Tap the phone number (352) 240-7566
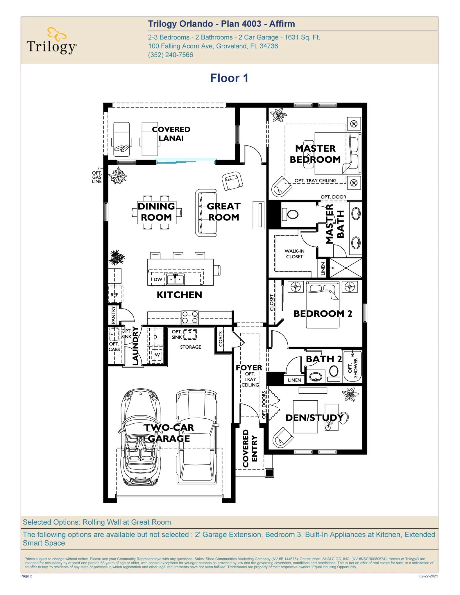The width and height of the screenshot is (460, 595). click(170, 55)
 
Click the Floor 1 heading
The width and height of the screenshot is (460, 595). click(229, 78)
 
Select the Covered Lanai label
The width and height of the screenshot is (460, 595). click(171, 134)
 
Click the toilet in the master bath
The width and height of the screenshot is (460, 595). click(292, 214)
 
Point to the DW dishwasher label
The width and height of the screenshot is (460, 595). click(158, 279)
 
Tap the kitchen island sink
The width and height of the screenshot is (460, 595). click(175, 279)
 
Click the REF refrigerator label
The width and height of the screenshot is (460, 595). click(114, 295)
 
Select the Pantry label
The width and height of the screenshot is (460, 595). click(113, 315)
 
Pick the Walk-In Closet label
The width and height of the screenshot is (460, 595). click(294, 254)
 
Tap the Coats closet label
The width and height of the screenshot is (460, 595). click(221, 339)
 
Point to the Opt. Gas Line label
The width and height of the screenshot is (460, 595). click(97, 177)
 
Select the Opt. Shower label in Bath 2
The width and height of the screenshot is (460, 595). click(352, 367)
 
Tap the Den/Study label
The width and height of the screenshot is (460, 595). click(314, 417)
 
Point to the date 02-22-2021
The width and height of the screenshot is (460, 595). click(428, 576)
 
